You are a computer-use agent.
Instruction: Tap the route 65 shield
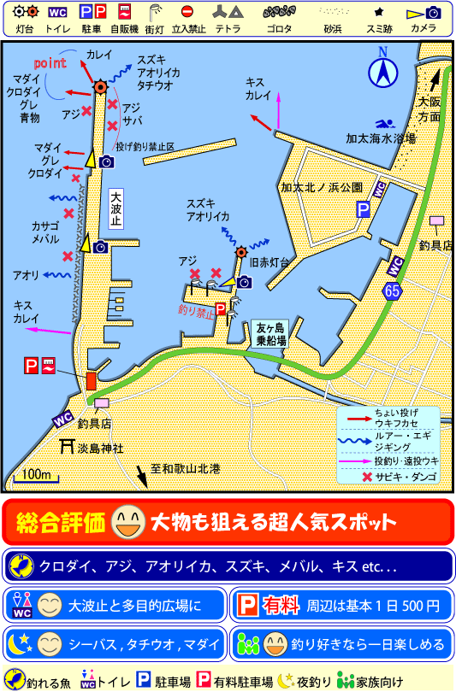pos(392,291)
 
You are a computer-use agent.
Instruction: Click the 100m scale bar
pos(36,475)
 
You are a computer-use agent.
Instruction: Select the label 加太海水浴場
pos(381,138)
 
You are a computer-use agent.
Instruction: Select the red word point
pos(50,64)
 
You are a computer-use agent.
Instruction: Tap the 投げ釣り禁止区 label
pos(145,146)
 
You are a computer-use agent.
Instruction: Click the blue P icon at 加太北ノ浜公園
pos(364,208)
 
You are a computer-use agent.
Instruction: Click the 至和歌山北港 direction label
pos(185,468)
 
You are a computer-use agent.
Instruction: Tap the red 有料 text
pos(281,606)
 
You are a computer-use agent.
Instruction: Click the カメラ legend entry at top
pos(423,18)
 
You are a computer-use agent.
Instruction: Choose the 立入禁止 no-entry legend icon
pos(187,18)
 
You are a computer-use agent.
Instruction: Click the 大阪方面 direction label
pos(429,108)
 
